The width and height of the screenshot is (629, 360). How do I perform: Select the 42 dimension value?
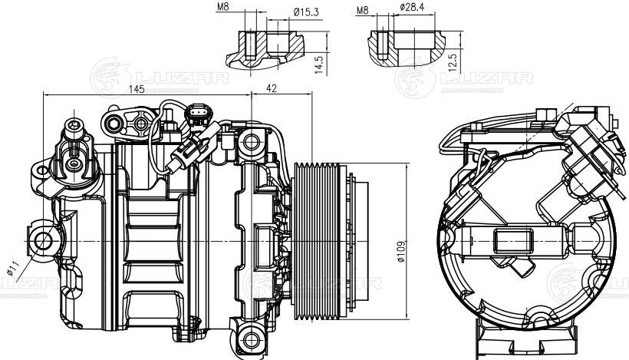271,89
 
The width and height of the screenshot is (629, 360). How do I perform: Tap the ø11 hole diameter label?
12,269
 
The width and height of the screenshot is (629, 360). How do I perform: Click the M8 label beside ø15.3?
223,10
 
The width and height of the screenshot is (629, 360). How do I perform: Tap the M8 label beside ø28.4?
364,10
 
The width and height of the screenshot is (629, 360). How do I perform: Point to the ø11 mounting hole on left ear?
43,242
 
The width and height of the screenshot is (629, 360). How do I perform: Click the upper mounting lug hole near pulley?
251,142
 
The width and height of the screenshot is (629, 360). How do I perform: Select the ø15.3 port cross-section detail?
265,48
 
